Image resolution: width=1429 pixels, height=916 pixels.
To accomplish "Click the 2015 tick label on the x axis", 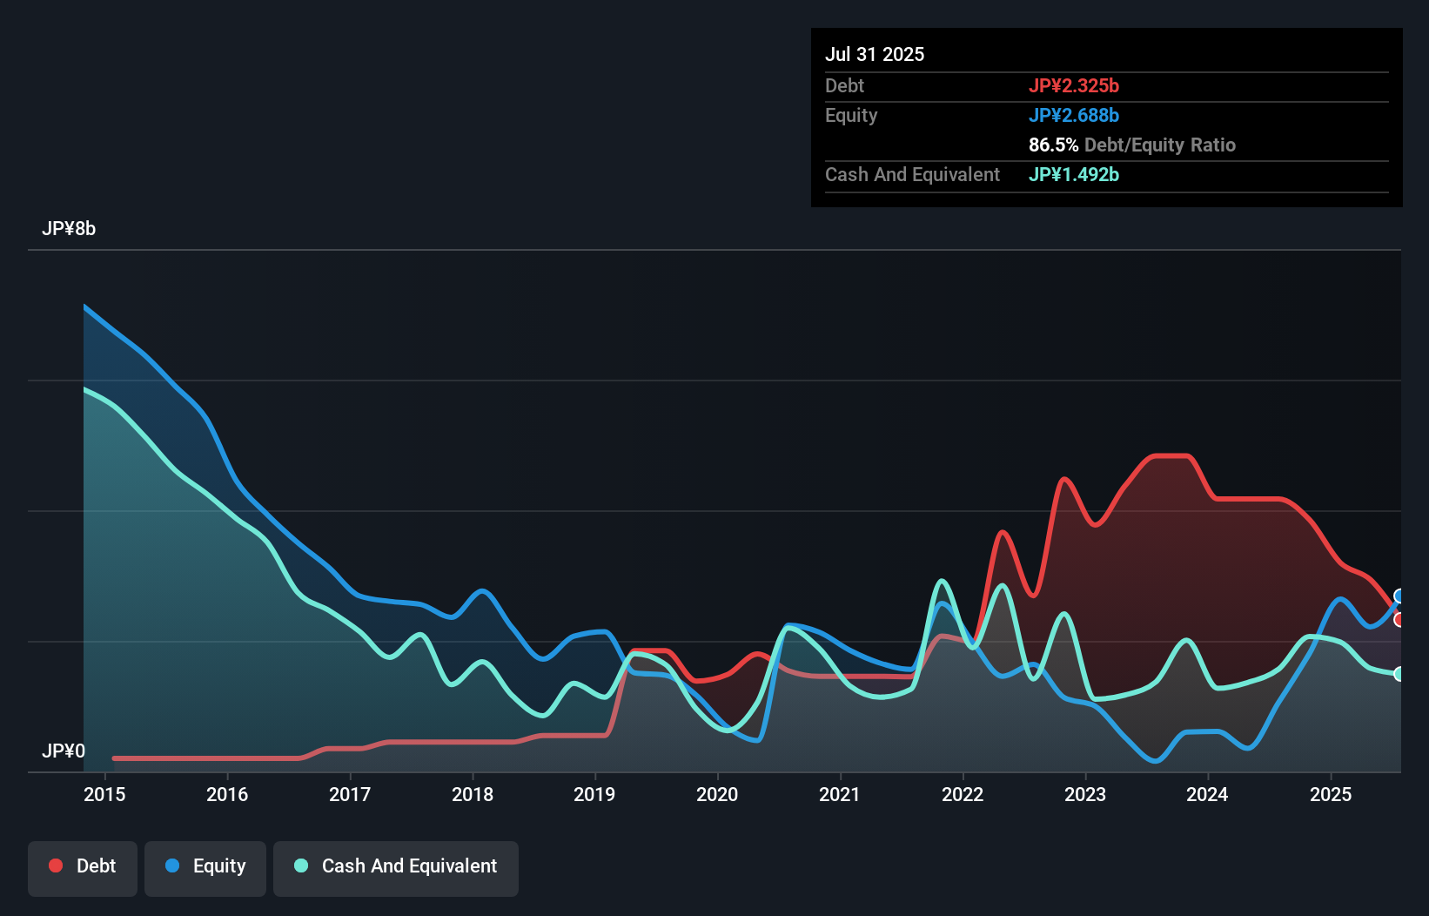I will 104,794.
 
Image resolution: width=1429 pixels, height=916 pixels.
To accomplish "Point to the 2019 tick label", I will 594,794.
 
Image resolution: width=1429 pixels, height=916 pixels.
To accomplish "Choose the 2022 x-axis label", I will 963,794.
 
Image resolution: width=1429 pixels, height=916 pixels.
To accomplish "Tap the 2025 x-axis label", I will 1331,794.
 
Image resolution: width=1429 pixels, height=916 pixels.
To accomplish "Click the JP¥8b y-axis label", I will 69,229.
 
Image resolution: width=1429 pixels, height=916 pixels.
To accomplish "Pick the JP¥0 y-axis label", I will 64,751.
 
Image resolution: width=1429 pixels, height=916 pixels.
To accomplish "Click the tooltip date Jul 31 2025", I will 875,54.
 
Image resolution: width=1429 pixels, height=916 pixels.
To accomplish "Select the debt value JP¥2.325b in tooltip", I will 1074,85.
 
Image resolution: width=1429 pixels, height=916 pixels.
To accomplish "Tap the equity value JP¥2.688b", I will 1074,115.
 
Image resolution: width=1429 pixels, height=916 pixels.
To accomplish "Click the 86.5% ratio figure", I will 1053,145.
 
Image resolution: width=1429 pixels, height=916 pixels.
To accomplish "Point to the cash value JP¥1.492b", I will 1074,174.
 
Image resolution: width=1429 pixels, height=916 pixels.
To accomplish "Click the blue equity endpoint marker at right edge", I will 1399,596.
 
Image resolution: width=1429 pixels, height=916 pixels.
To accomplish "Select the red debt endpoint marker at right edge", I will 1399,620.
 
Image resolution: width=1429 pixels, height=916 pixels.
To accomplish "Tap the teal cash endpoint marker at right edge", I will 1399,674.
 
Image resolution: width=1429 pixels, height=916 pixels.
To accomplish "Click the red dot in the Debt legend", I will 56,865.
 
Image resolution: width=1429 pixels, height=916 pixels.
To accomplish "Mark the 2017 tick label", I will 350,794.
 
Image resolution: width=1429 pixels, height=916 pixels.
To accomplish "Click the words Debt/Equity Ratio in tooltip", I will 1159,145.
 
